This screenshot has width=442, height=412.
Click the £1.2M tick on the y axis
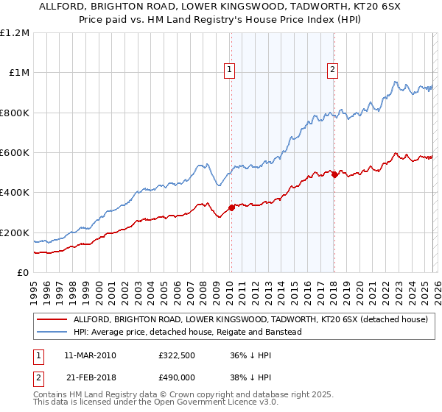pyautogui.click(x=14, y=32)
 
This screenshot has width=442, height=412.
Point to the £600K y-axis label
pyautogui.click(x=14, y=152)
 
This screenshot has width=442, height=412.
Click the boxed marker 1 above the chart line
pyautogui.click(x=230, y=70)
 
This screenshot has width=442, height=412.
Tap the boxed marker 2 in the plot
pyautogui.click(x=333, y=70)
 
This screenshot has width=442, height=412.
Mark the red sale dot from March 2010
pyautogui.click(x=231, y=207)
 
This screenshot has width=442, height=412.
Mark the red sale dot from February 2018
pyautogui.click(x=334, y=174)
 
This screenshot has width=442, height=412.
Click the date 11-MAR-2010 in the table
pyautogui.click(x=91, y=355)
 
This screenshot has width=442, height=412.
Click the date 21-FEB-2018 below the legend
pyautogui.click(x=91, y=377)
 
